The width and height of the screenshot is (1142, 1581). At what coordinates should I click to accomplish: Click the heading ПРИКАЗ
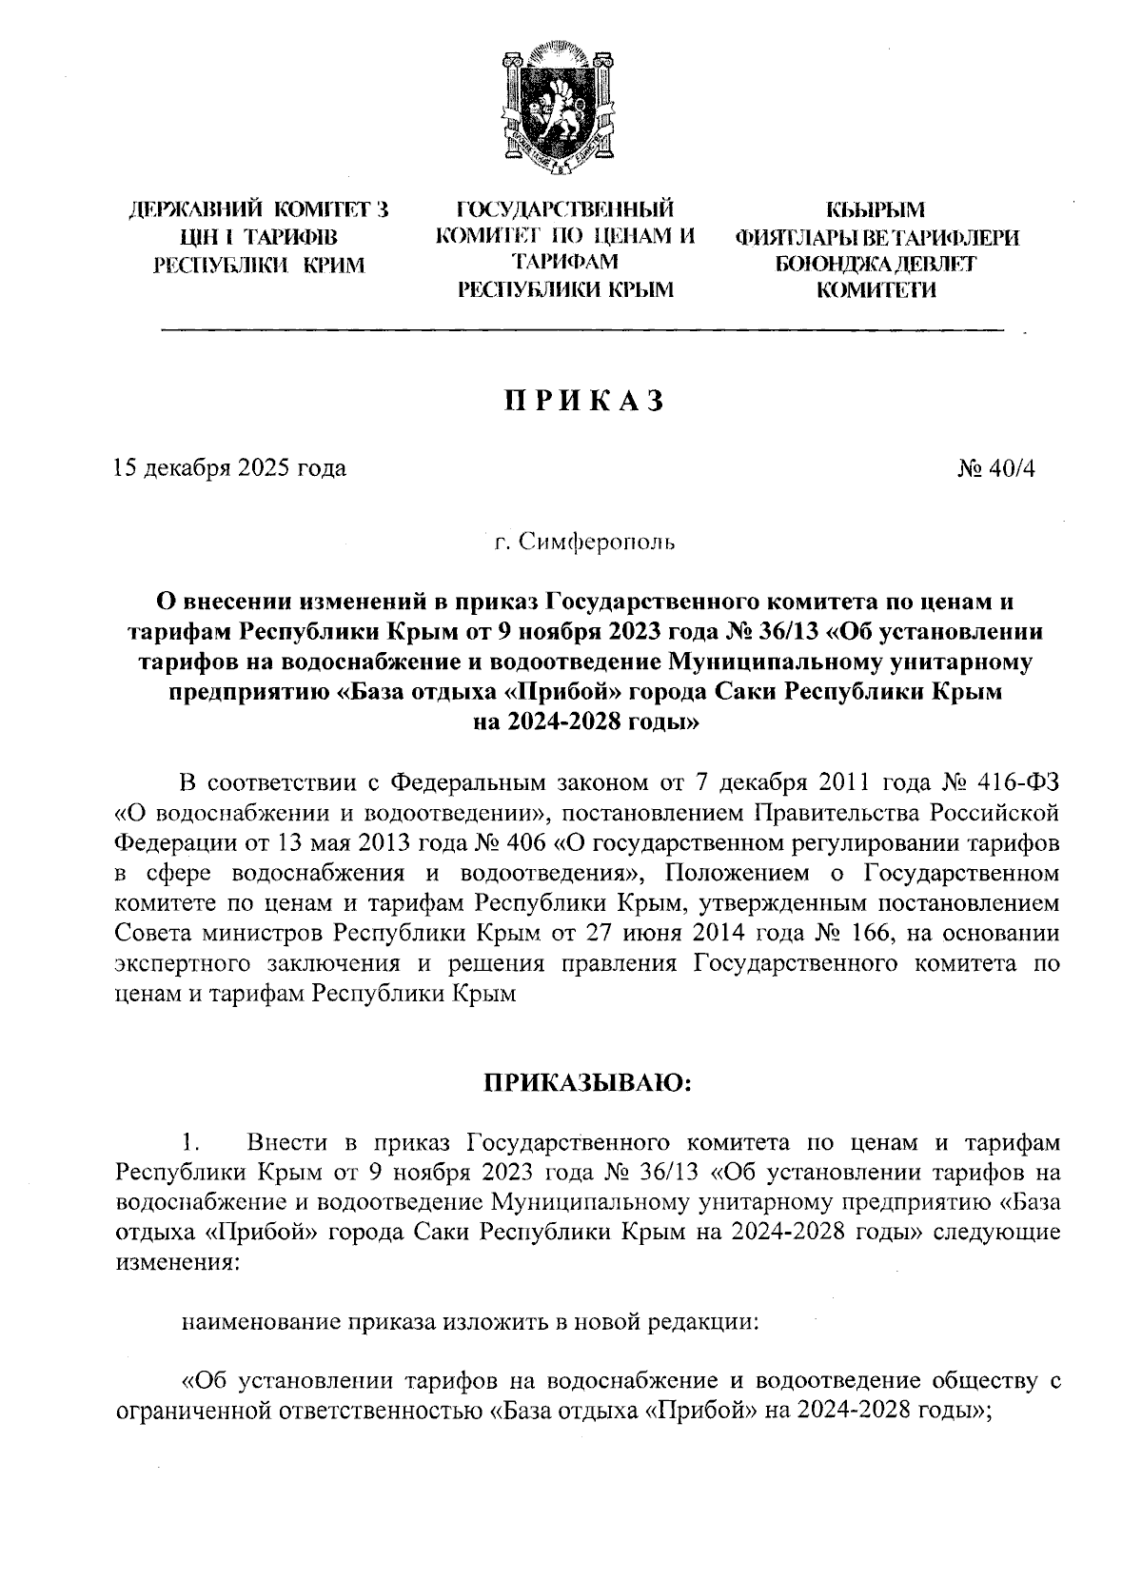click(x=581, y=402)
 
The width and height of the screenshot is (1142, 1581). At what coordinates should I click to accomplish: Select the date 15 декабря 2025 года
click(x=228, y=468)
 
